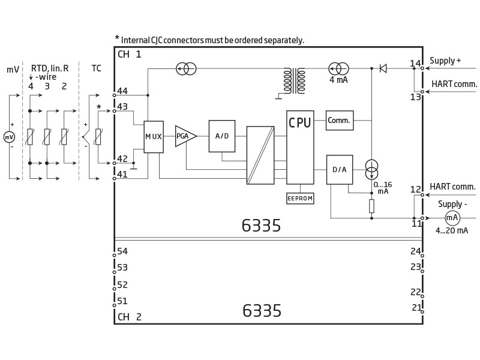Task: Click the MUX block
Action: [154, 137]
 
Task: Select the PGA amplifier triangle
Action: [185, 136]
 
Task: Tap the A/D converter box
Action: [222, 136]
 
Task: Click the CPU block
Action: [300, 147]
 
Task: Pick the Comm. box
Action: [340, 121]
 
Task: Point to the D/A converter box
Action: [340, 170]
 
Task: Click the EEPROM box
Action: [300, 199]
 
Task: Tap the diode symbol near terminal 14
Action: [383, 68]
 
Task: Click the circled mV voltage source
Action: [9, 137]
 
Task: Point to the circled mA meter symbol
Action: [452, 218]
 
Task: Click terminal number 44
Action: [122, 91]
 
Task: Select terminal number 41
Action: [122, 174]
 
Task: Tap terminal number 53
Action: [122, 267]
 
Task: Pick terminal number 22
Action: [416, 292]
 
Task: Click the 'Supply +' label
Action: [445, 61]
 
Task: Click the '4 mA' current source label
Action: [338, 80]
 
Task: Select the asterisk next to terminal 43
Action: [98, 107]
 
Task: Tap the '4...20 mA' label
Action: [452, 230]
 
